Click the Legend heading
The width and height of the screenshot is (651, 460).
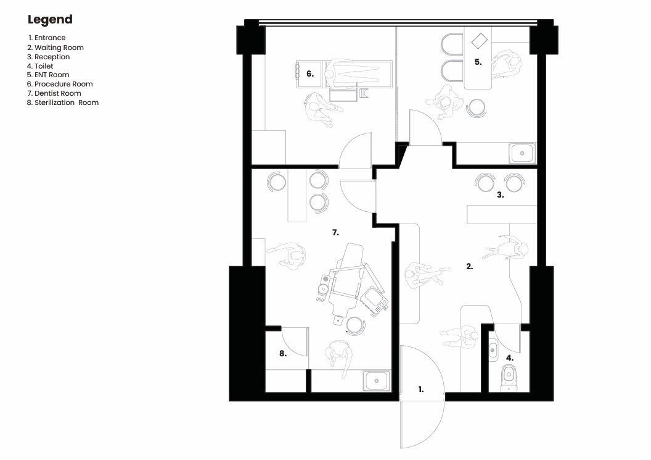[x=50, y=20]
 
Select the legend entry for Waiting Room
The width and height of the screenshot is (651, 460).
[x=55, y=48]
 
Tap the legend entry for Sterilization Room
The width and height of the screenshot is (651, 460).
[x=63, y=102]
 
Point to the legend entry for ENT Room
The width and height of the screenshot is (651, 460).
[x=47, y=75]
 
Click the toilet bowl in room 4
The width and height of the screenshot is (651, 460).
[x=509, y=378]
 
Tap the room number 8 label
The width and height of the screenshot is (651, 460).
[x=283, y=354]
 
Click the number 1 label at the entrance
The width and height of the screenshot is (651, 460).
[x=421, y=390]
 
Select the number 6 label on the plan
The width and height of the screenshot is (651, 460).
[x=310, y=74]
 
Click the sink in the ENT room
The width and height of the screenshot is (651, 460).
[x=522, y=153]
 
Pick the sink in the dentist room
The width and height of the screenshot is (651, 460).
[x=377, y=380]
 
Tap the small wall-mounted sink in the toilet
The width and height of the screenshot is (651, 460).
[x=493, y=350]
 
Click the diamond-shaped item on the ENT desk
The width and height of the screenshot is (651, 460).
[x=480, y=41]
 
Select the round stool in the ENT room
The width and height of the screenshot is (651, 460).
[x=476, y=107]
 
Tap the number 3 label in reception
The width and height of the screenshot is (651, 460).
[x=501, y=194]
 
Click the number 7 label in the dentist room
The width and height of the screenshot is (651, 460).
[x=335, y=233]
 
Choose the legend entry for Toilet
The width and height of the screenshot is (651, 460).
[x=40, y=65]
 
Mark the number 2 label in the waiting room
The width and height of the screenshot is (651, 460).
[x=470, y=267]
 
